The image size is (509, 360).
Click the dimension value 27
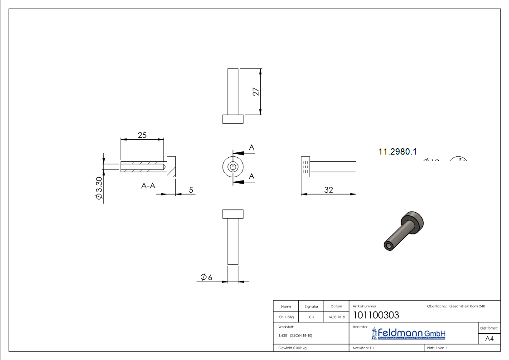(256, 92)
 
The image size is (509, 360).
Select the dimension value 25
(142, 135)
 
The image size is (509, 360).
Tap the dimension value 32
(328, 190)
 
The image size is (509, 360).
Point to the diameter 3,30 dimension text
(99, 188)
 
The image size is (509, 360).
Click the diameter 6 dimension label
(206, 277)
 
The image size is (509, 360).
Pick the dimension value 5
(191, 190)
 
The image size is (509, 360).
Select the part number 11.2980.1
(397, 152)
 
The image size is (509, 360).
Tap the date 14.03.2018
(336, 317)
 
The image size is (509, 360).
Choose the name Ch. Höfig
(286, 317)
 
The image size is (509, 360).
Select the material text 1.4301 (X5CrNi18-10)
(295, 336)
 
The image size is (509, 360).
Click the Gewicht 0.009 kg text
(292, 348)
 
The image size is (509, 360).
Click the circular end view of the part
(233, 167)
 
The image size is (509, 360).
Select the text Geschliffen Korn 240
(467, 306)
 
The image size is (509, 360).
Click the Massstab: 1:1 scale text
(363, 348)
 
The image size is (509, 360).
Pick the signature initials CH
(311, 317)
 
